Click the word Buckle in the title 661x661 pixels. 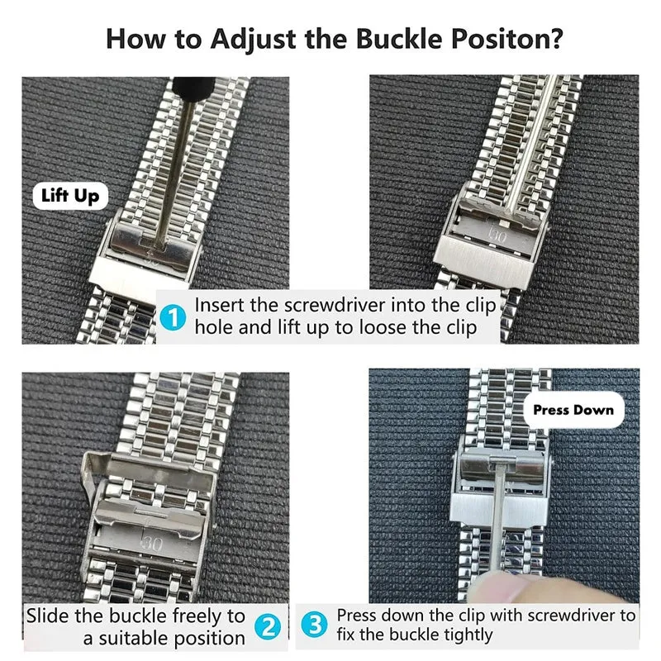[x=399, y=38]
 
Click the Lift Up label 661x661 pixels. [x=70, y=196]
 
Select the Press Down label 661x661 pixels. [x=573, y=410]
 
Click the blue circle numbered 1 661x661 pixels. [x=173, y=318]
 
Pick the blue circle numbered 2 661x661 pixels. [x=268, y=626]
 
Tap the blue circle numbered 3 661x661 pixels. [x=315, y=625]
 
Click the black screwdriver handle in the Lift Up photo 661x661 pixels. [x=194, y=90]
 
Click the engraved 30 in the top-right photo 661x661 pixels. [x=498, y=236]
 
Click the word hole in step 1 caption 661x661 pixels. [x=212, y=327]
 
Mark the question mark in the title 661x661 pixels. [x=556, y=38]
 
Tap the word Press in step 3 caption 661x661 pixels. [x=359, y=616]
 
